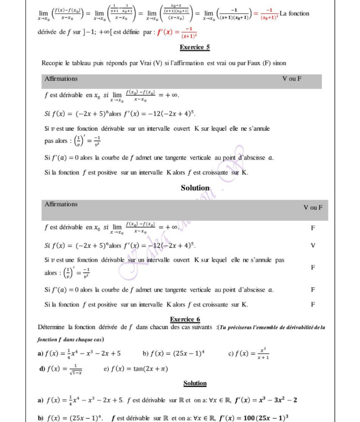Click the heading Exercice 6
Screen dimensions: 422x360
(x=185, y=319)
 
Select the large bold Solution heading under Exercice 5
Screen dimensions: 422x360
(x=195, y=188)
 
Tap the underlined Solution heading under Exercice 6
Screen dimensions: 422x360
(x=195, y=383)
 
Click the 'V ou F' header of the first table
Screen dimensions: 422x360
(x=292, y=79)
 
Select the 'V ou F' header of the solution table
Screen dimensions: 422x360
(x=313, y=207)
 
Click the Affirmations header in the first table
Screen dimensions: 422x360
(x=61, y=79)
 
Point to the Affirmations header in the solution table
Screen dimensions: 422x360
(x=61, y=204)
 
